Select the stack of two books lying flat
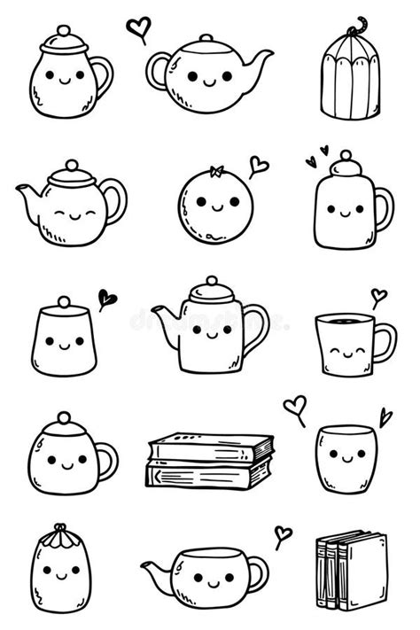tap(209, 461)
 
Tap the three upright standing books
tap(351, 571)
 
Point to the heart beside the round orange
tap(258, 165)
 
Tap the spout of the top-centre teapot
tap(261, 61)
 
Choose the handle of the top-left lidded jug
tap(104, 77)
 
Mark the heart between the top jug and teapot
tap(138, 28)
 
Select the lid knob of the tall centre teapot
tap(211, 282)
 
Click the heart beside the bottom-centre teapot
tap(283, 534)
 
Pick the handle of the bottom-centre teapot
tap(257, 574)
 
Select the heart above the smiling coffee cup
tap(378, 296)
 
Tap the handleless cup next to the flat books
tap(340, 458)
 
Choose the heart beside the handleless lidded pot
tap(107, 299)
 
